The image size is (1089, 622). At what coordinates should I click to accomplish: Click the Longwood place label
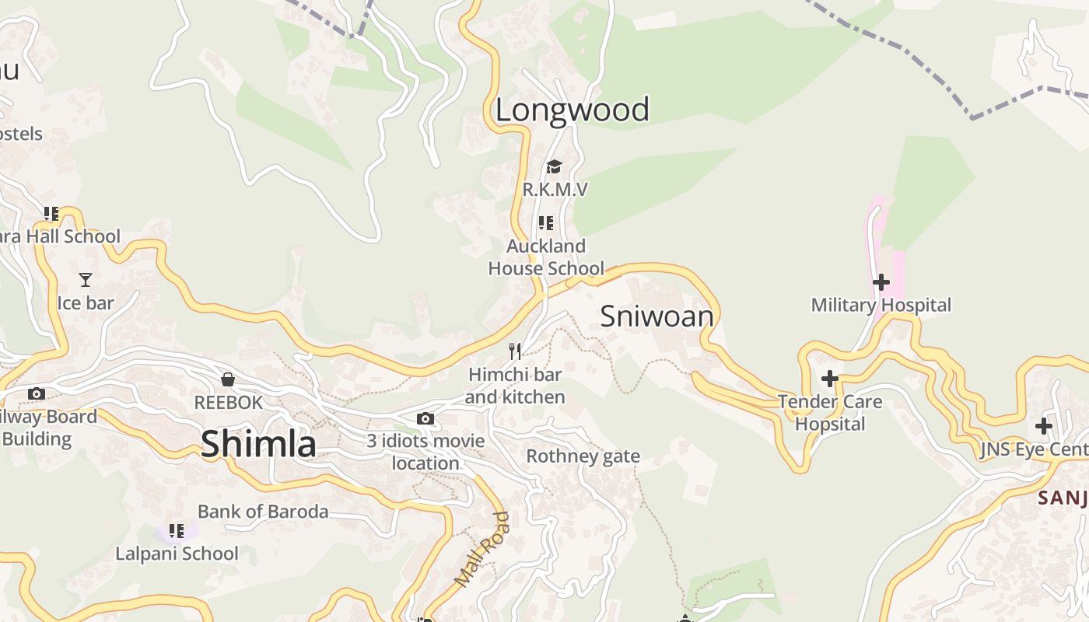coord(572,110)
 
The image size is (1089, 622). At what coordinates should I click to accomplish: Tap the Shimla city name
coord(258,444)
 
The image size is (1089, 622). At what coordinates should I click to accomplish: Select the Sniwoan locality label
coord(657,316)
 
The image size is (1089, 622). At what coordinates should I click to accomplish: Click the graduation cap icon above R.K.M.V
coord(554,166)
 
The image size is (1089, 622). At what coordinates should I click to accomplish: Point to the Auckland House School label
coord(546,257)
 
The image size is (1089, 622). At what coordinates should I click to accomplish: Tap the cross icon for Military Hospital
coord(881,282)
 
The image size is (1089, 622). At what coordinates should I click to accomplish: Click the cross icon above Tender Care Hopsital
coord(830,379)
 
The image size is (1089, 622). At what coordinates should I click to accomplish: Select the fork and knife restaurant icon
coord(514,351)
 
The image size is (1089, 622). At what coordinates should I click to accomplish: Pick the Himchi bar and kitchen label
coord(515,386)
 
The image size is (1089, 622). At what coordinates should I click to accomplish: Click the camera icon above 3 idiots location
coord(425,419)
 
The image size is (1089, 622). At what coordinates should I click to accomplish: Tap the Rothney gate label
coord(583,456)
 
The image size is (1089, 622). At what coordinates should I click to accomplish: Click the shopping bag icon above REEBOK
coord(228,379)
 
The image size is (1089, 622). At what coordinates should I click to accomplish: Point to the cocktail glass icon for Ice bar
coord(86,280)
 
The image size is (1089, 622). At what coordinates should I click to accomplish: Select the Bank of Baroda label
coord(263,512)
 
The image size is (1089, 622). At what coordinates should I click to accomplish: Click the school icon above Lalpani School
coord(177,531)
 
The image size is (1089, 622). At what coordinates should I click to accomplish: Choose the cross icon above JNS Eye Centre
coord(1044,427)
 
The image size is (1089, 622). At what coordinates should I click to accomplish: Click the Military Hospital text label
coord(881,305)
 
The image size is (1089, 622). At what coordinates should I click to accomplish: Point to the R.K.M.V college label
coord(554,190)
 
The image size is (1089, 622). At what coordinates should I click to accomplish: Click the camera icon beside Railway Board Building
coord(37,394)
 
